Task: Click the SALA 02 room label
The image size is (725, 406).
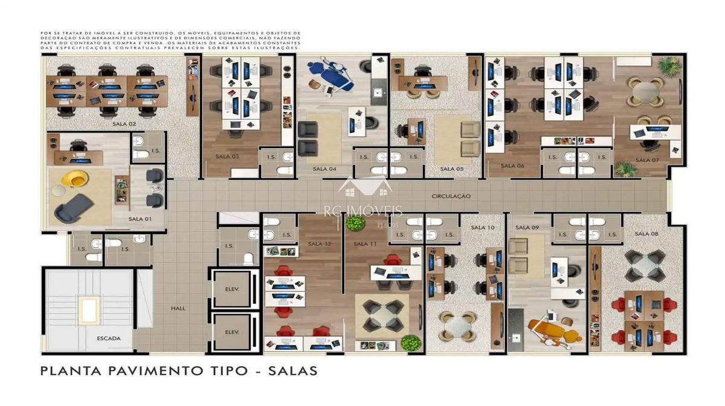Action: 124,124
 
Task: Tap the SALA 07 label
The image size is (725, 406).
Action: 646,160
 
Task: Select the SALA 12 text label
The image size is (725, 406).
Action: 320,243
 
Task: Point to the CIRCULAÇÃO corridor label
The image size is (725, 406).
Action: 451,196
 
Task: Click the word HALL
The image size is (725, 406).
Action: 178,308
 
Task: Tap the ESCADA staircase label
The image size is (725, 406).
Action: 109,338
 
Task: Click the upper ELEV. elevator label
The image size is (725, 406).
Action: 232,289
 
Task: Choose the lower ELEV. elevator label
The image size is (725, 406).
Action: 232,332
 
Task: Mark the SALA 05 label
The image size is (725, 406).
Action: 451,169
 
